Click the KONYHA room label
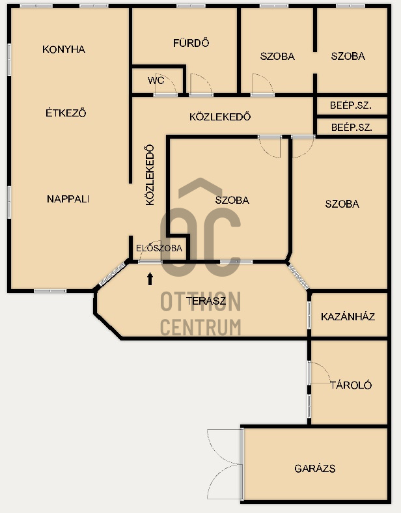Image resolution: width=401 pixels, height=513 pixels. point(64,49)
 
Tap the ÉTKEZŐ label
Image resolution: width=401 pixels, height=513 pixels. point(66,113)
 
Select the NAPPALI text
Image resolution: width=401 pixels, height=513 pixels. point(68,199)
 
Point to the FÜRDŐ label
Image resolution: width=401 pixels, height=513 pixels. point(191,43)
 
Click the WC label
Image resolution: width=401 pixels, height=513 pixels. point(156,80)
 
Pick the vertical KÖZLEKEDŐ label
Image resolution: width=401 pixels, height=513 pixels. point(150,174)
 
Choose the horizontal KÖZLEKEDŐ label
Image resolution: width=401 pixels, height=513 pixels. point(220,117)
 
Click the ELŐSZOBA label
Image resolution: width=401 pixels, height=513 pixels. point(159,247)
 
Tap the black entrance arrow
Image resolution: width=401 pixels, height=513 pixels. point(150,279)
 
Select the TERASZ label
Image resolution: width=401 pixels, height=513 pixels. point(206,301)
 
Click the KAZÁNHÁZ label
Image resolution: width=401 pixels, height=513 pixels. point(348,316)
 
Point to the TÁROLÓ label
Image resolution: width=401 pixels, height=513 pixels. point(351,385)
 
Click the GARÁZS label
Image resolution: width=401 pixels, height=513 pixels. point(315,469)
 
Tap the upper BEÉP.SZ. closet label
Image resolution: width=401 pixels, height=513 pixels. point(351,105)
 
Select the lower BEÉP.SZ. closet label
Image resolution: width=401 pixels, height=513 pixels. point(352,127)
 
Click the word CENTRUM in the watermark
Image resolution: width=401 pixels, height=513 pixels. point(200,327)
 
